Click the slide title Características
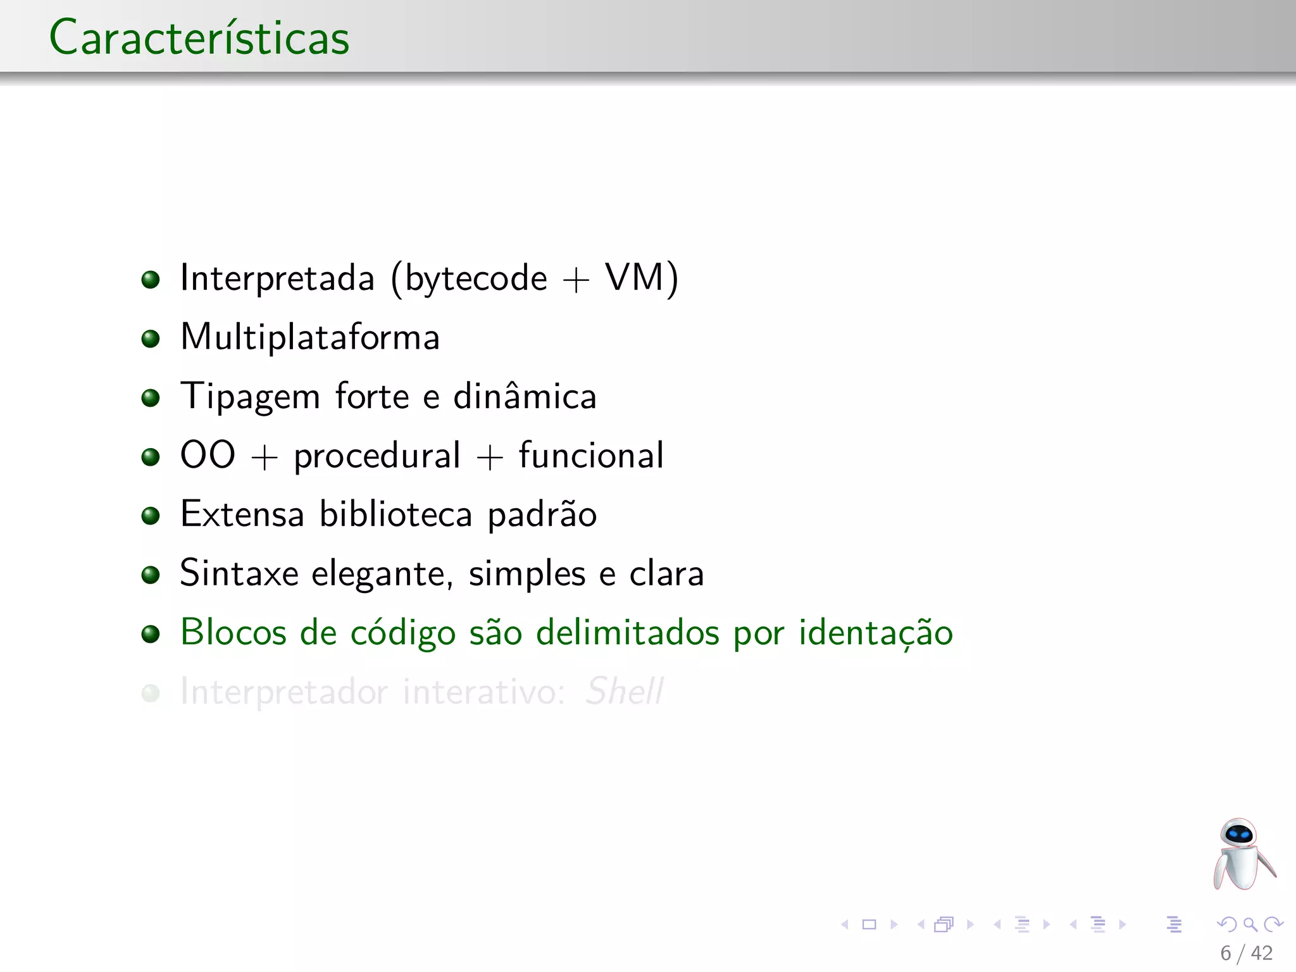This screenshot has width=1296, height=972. click(x=199, y=38)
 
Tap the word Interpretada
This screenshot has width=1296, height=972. click(x=277, y=278)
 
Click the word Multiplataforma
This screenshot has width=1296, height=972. click(x=310, y=337)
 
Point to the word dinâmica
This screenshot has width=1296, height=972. click(x=525, y=397)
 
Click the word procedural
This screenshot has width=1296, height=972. click(x=377, y=456)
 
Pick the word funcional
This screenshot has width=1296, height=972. click(x=591, y=456)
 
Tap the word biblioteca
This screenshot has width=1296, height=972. click(x=396, y=514)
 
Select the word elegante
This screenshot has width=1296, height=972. click(x=382, y=574)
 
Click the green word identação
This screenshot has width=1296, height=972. click(x=875, y=633)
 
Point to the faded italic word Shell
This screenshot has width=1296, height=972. click(x=625, y=691)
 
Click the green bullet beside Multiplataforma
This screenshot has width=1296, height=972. click(x=151, y=339)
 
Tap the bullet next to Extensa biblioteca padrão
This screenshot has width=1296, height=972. click(x=151, y=516)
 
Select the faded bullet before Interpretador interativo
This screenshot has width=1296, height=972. click(x=151, y=693)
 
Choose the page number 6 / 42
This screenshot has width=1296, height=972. click(x=1246, y=953)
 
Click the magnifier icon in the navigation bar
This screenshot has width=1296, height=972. click(x=1250, y=925)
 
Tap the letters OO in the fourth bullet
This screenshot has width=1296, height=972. click(x=208, y=455)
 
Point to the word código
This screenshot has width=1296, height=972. click(x=402, y=633)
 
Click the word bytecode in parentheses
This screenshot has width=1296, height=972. click(x=476, y=278)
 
